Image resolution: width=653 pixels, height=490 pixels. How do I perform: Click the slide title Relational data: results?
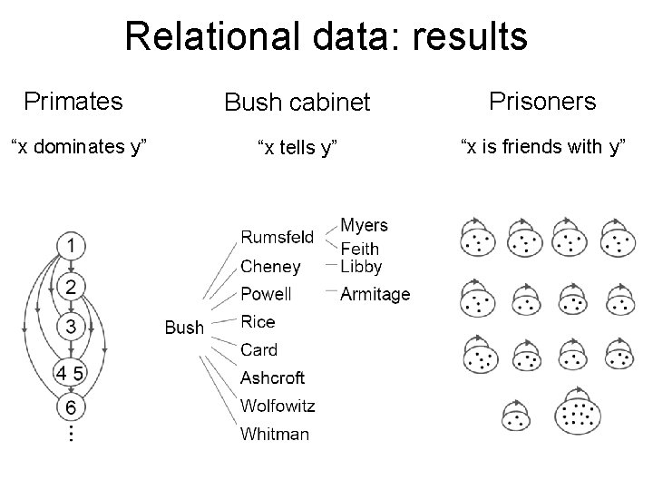pyautogui.click(x=326, y=37)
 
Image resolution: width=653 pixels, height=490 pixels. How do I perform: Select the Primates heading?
pyautogui.click(x=73, y=101)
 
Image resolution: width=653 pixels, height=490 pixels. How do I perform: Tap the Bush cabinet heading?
pyautogui.click(x=297, y=103)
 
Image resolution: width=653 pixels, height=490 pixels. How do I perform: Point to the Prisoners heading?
pyautogui.click(x=542, y=101)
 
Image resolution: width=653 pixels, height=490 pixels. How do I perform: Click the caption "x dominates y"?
pyautogui.click(x=78, y=145)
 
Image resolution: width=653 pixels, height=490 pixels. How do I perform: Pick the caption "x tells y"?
pyautogui.click(x=297, y=148)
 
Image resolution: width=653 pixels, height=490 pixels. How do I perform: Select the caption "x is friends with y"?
pyautogui.click(x=543, y=145)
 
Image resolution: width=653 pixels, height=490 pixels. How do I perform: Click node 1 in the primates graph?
pyautogui.click(x=71, y=246)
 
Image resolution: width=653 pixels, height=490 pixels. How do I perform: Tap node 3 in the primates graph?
pyautogui.click(x=71, y=325)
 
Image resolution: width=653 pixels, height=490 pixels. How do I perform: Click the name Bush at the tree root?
pyautogui.click(x=184, y=328)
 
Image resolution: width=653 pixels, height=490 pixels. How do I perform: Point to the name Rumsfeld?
pyautogui.click(x=277, y=238)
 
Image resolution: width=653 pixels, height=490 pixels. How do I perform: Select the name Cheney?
pyautogui.click(x=270, y=267)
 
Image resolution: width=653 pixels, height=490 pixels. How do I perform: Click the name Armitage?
pyautogui.click(x=375, y=294)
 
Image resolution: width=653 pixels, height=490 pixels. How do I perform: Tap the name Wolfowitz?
pyautogui.click(x=278, y=405)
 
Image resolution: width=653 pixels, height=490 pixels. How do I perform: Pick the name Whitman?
pyautogui.click(x=274, y=434)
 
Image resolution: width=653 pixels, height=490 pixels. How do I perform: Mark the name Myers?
pyautogui.click(x=364, y=225)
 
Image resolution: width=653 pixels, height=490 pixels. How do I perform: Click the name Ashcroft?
pyautogui.click(x=272, y=377)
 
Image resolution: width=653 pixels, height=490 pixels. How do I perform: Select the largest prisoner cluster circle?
pyautogui.click(x=578, y=415)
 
